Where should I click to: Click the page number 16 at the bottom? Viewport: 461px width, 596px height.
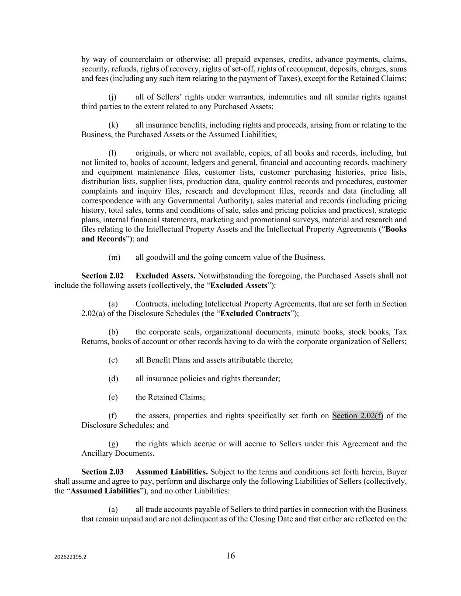coord(230,556)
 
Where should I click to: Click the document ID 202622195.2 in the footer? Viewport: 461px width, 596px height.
coord(70,557)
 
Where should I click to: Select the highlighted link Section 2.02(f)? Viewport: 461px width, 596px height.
coord(357,416)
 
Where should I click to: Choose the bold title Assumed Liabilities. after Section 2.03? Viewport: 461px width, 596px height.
coord(172,472)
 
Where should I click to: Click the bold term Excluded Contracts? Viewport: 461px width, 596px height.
coord(255,314)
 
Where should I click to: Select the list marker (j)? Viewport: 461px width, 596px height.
coord(112,97)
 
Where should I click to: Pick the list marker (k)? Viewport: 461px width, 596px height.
coord(113,125)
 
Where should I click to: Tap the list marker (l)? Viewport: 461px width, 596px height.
coord(112,153)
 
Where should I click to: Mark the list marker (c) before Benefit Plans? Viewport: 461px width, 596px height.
coord(113,360)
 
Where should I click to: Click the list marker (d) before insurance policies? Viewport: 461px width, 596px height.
coord(113,379)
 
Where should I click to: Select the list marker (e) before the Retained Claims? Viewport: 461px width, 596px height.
coord(113,397)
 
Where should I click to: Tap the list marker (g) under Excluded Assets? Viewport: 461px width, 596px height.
coord(113,444)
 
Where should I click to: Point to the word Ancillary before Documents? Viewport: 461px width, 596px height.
coord(97,454)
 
